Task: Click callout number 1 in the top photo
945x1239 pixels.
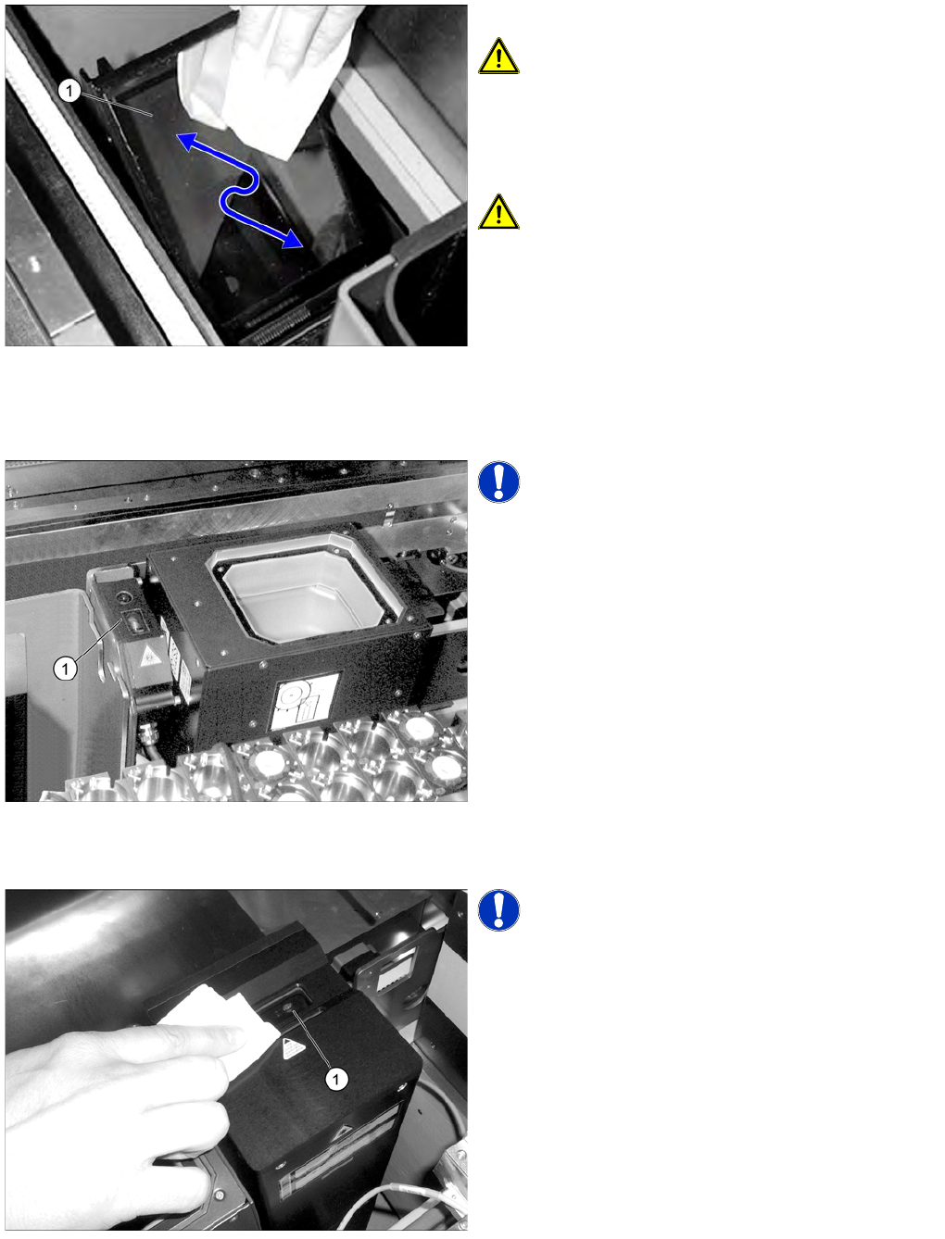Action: [x=69, y=91]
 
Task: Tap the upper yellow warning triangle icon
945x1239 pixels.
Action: [x=498, y=56]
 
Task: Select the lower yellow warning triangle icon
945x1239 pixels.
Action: [x=498, y=212]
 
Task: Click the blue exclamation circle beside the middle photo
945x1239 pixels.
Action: [x=498, y=482]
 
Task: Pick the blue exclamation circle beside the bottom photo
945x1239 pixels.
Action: [x=498, y=910]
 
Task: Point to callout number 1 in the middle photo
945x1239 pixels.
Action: [x=65, y=669]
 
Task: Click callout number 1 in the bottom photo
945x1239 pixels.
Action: [x=336, y=1079]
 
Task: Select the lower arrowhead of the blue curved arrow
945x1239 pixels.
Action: [x=293, y=239]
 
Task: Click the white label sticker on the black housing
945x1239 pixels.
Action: [x=305, y=701]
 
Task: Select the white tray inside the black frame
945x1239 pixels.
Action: [x=304, y=593]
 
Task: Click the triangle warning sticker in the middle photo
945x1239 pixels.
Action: [x=148, y=654]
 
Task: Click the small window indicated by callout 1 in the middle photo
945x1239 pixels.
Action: [x=135, y=623]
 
